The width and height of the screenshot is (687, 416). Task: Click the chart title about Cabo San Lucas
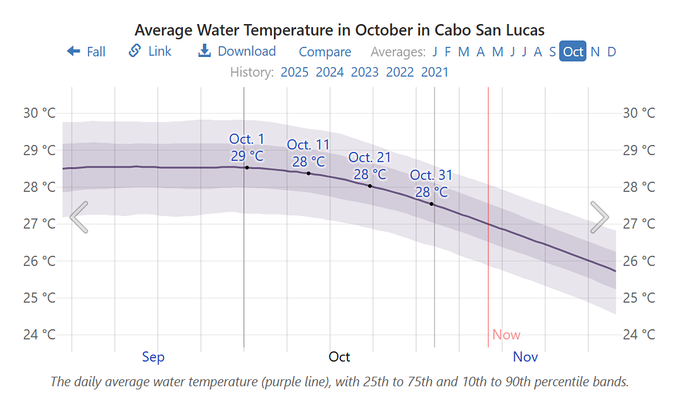(340, 30)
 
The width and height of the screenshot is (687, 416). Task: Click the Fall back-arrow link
(86, 51)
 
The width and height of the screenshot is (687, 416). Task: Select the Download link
(237, 51)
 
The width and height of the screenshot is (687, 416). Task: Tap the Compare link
(325, 52)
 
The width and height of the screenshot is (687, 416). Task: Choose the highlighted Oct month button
(573, 51)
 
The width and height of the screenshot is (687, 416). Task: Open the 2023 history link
(364, 72)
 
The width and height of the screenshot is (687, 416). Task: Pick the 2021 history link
(435, 72)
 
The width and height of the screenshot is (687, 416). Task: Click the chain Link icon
(135, 51)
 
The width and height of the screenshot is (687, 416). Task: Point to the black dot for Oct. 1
(247, 167)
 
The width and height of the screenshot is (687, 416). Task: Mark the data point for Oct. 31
(431, 204)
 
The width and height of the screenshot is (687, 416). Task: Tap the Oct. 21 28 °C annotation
(369, 165)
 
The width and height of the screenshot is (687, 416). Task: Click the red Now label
(506, 335)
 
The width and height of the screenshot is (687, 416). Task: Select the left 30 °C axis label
(39, 113)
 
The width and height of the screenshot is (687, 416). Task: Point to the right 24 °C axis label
(639, 334)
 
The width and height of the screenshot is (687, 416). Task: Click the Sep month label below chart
(153, 357)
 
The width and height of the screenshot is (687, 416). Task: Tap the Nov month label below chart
(525, 357)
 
